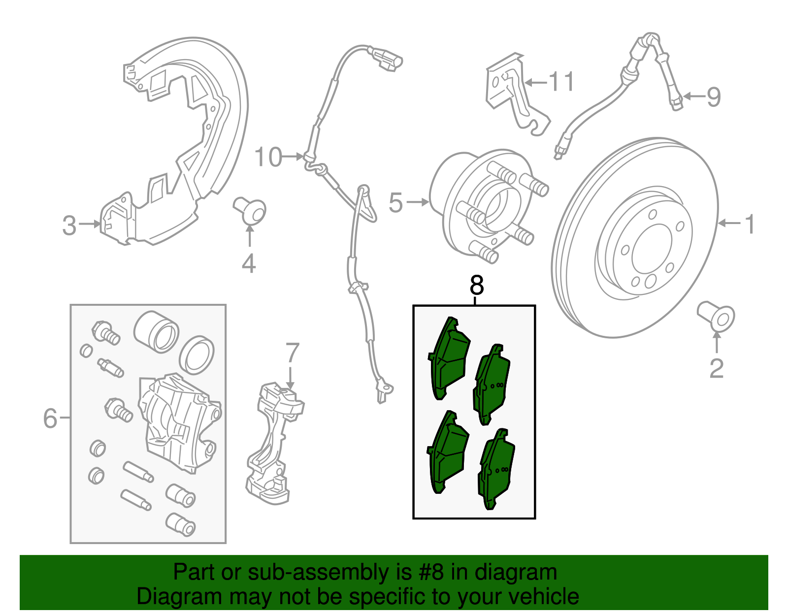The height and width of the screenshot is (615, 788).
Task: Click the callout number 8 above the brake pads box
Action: coord(477,285)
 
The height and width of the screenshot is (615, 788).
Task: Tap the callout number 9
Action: coord(714,97)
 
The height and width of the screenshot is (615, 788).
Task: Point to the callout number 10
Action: coord(268,157)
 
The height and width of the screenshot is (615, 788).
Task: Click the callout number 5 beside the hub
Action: coord(395,202)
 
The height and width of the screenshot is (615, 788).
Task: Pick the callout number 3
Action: coord(69,225)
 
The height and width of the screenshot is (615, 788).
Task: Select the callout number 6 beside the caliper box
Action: coord(50,418)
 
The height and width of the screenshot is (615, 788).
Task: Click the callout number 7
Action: coord(292,352)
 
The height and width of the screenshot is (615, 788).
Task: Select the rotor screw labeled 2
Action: coord(716,317)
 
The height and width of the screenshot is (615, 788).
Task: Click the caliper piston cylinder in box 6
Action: coord(156,331)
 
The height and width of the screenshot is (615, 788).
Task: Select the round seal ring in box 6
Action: coord(197,356)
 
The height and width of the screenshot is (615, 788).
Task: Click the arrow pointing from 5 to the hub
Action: coord(417,202)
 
